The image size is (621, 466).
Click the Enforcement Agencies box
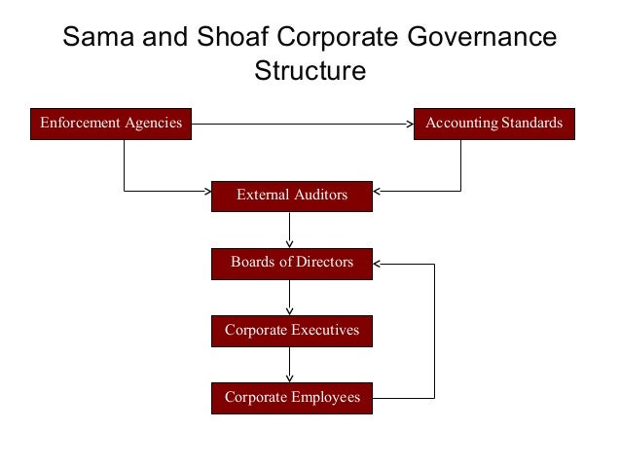110,124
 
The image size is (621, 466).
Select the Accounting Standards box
494,124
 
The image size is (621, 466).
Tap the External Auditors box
291,195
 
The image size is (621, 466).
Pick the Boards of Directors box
291,263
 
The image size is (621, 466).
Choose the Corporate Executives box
291,330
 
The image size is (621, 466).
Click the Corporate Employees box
291,397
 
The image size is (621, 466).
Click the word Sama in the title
95,37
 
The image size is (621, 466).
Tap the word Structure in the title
310,71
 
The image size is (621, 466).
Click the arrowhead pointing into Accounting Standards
409,124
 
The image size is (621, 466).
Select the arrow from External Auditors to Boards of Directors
290,231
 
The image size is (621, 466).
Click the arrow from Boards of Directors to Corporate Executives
290,298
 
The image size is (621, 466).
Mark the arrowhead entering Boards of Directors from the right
379,263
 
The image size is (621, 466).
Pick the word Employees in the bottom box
327,397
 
